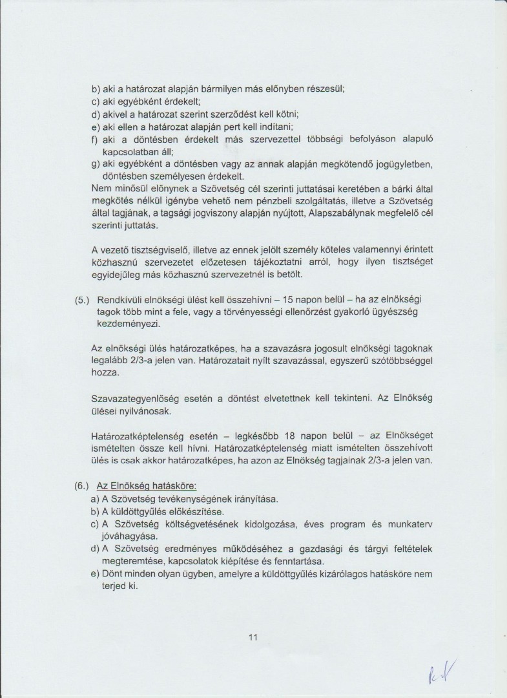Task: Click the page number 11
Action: [x=253, y=637]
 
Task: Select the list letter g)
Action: [x=95, y=164]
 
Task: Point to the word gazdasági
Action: [x=326, y=549]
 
